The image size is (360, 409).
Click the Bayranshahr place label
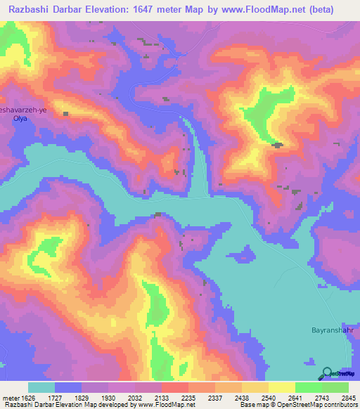click(331, 329)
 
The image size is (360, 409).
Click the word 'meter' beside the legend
click(8, 397)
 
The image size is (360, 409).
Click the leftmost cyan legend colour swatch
click(41, 387)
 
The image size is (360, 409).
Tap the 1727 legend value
click(54, 397)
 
